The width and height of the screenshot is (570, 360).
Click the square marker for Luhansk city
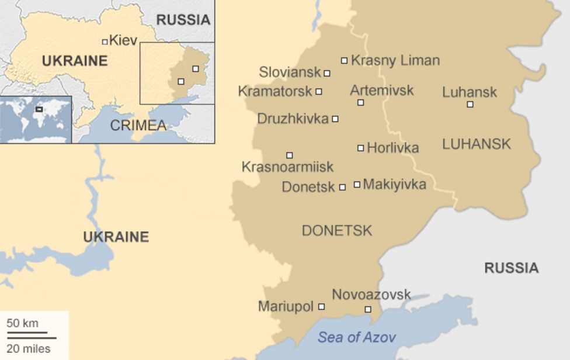click(470, 105)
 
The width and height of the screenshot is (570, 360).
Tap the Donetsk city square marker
click(342, 188)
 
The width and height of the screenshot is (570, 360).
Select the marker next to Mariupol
click(321, 307)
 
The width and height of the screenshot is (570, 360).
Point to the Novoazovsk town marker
click(368, 310)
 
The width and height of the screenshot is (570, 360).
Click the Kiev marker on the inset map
click(105, 41)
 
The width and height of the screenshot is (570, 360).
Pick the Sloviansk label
click(290, 72)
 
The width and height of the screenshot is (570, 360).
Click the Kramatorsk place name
click(275, 91)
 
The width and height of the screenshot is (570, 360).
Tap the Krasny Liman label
click(395, 60)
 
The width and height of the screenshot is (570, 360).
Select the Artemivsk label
click(381, 90)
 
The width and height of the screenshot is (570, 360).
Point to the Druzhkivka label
click(293, 119)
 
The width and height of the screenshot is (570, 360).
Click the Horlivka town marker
click(361, 148)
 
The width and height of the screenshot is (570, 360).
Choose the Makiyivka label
click(394, 185)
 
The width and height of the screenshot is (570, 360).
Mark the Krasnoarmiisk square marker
click(289, 155)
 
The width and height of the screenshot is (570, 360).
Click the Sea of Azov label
click(356, 337)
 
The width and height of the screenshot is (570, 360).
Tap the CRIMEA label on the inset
click(138, 126)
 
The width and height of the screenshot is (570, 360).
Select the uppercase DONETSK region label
click(336, 231)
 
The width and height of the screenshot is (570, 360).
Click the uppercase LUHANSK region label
click(477, 144)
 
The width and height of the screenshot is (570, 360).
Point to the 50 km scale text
click(23, 323)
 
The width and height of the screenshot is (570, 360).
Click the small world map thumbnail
click(36, 119)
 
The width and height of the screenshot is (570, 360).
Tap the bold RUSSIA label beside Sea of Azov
click(511, 268)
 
